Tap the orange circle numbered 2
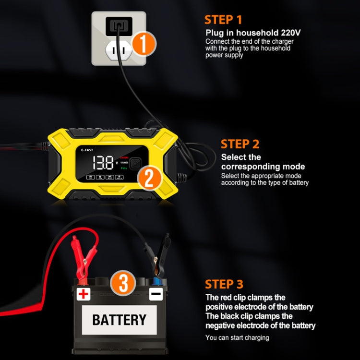click(x=149, y=178)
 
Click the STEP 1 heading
click(x=223, y=20)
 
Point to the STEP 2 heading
click(x=240, y=144)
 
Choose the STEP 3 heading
click(x=224, y=284)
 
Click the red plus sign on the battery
click(x=84, y=293)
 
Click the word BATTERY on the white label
click(x=119, y=319)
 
